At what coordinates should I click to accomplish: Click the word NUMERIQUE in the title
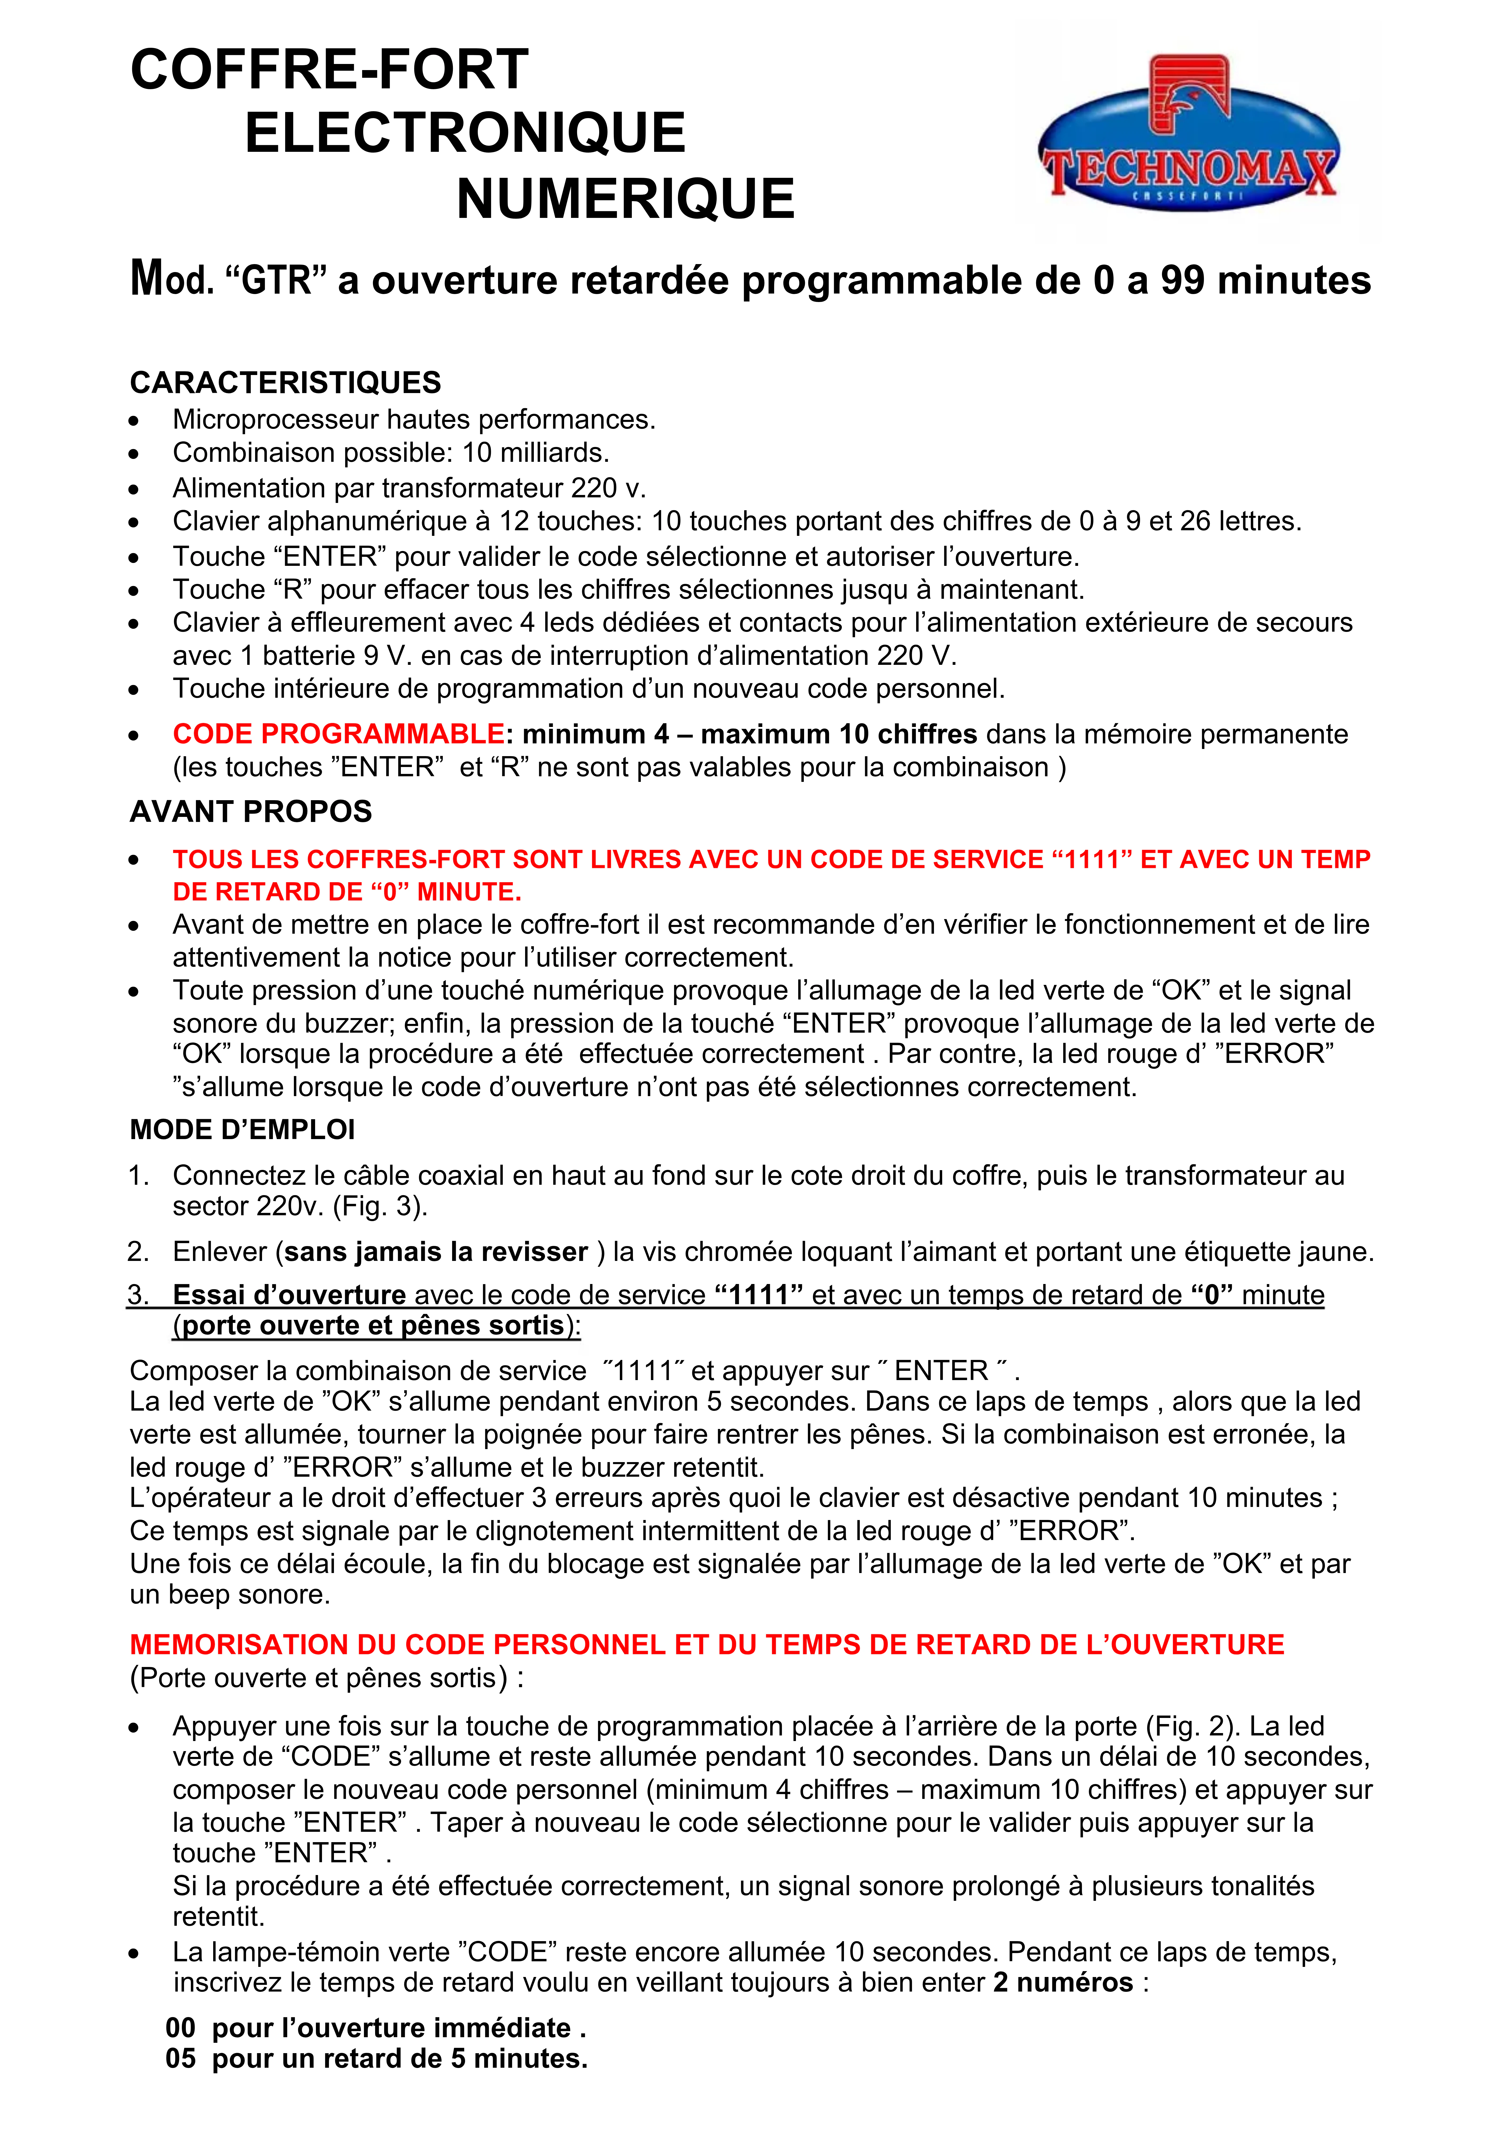[626, 199]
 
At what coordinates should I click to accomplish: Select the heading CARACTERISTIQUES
[285, 382]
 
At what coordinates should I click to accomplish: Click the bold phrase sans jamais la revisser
[436, 1252]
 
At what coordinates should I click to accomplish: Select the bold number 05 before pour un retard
[181, 2058]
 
